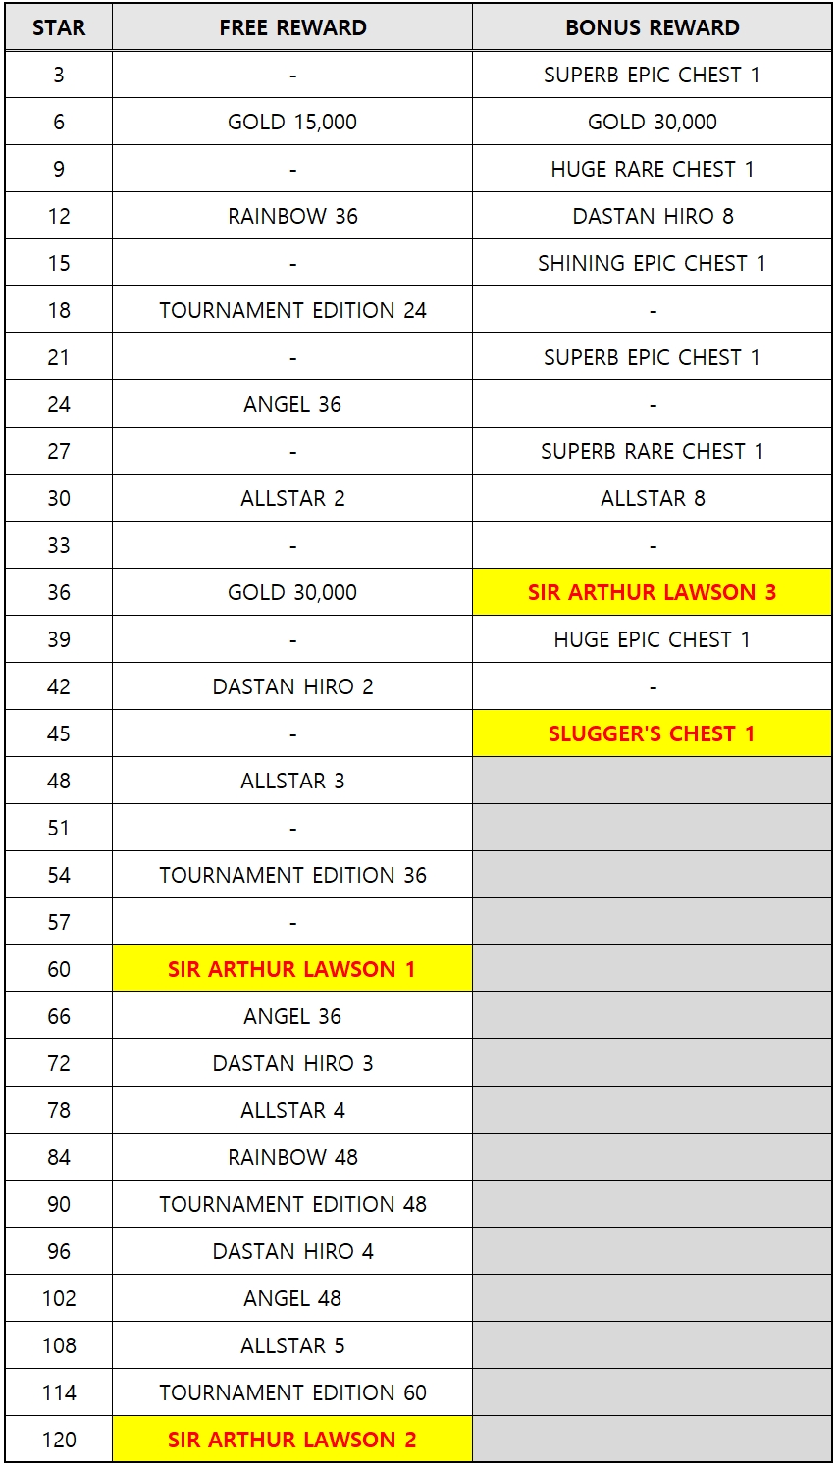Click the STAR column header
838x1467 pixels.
coord(59,27)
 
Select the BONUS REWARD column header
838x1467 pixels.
coord(652,27)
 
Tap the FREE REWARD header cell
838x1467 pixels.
coord(292,27)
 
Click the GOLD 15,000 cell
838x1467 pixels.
coord(292,122)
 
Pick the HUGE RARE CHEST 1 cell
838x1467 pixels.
coord(652,169)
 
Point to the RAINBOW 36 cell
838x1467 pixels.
coord(292,216)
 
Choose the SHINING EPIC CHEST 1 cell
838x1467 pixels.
coord(652,263)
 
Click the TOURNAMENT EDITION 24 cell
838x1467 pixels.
coord(292,311)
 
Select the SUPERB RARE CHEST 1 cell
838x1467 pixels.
coord(652,451)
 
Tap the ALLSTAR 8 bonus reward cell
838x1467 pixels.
coord(652,498)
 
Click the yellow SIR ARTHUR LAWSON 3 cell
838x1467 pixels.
coord(652,592)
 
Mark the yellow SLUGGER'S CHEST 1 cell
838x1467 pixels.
coord(652,733)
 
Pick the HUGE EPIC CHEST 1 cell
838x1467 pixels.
coord(652,639)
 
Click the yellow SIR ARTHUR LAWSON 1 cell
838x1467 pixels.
coord(292,969)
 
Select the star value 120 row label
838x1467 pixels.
coord(59,1440)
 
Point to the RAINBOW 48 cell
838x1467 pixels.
coord(292,1157)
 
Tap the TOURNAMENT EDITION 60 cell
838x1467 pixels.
coord(292,1392)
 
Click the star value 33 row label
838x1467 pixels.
coord(59,545)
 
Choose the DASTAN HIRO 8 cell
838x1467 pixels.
coord(652,216)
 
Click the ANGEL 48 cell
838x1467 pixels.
coord(292,1298)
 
